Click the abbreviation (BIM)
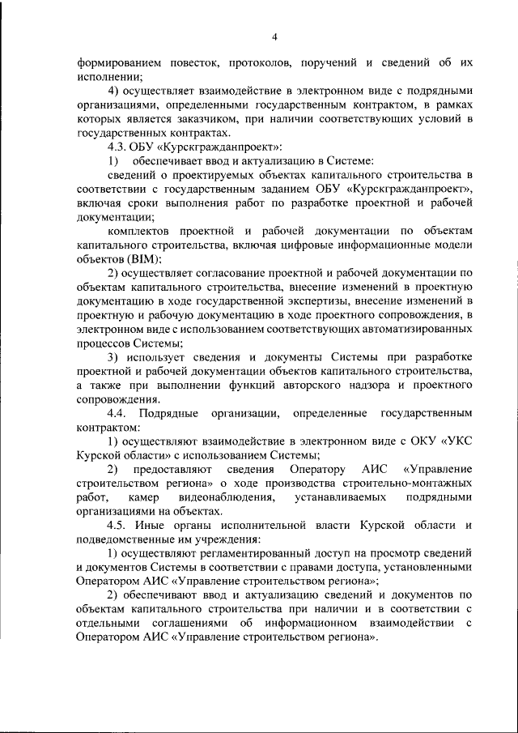point(140,261)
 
